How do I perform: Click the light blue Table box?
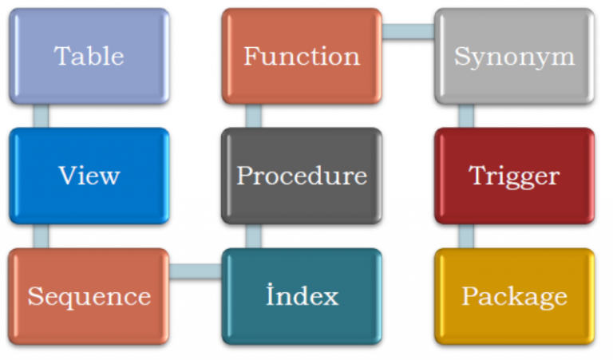pyautogui.click(x=89, y=56)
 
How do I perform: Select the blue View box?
pyautogui.click(x=89, y=176)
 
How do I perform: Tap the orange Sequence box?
pyautogui.click(x=89, y=296)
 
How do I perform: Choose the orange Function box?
pyautogui.click(x=302, y=56)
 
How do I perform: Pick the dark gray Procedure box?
pyautogui.click(x=302, y=176)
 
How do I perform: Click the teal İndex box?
pyautogui.click(x=302, y=296)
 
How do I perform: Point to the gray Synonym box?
pyautogui.click(x=514, y=56)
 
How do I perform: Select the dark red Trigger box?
pyautogui.click(x=514, y=176)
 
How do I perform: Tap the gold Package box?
pyautogui.click(x=514, y=296)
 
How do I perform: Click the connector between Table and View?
pyautogui.click(x=41, y=116)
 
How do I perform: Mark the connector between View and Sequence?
pyautogui.click(x=41, y=236)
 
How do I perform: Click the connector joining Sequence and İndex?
pyautogui.click(x=196, y=271)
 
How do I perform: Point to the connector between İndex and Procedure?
pyautogui.click(x=253, y=236)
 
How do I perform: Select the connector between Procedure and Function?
pyautogui.click(x=253, y=116)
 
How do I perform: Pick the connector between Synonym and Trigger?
pyautogui.click(x=466, y=116)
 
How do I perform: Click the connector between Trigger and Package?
pyautogui.click(x=466, y=236)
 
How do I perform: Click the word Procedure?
pyautogui.click(x=302, y=176)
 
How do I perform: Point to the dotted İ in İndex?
pyautogui.click(x=271, y=294)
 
